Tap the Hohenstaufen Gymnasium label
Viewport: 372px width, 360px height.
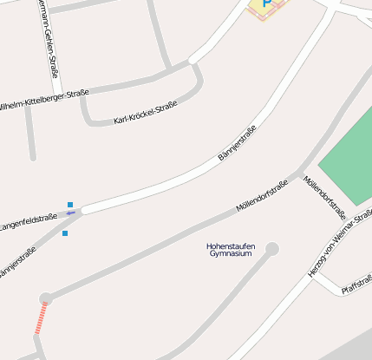[230, 250]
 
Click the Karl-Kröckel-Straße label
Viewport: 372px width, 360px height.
[145, 113]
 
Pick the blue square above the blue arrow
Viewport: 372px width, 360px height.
[70, 205]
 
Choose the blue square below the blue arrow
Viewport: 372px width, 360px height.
[65, 233]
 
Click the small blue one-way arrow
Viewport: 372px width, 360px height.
[70, 213]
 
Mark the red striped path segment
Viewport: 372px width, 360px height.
[41, 319]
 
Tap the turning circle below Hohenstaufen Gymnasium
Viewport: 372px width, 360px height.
[272, 250]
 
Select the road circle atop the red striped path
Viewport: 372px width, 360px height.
[46, 298]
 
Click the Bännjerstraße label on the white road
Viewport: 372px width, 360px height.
[237, 143]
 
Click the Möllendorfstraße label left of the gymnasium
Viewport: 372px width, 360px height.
[261, 196]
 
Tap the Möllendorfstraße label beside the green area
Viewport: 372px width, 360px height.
[324, 197]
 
